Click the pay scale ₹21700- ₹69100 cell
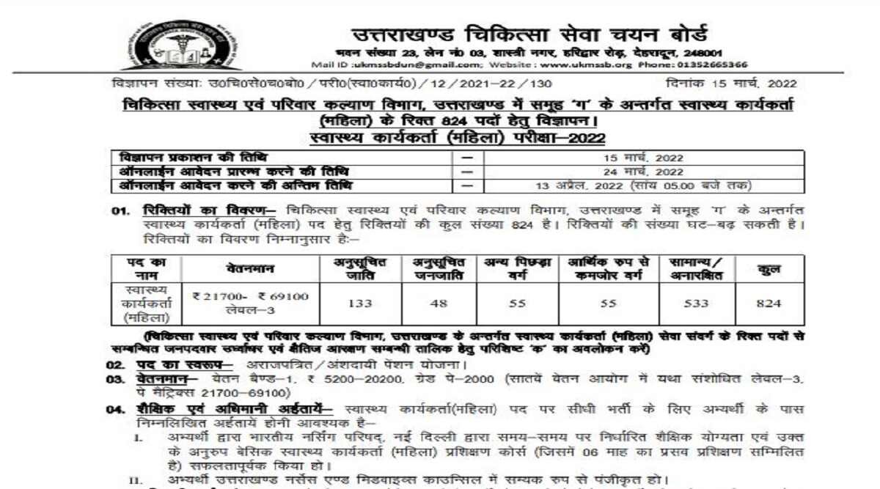pyautogui.click(x=249, y=297)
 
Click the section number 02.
pyautogui.click(x=114, y=364)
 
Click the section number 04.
pyautogui.click(x=114, y=409)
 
